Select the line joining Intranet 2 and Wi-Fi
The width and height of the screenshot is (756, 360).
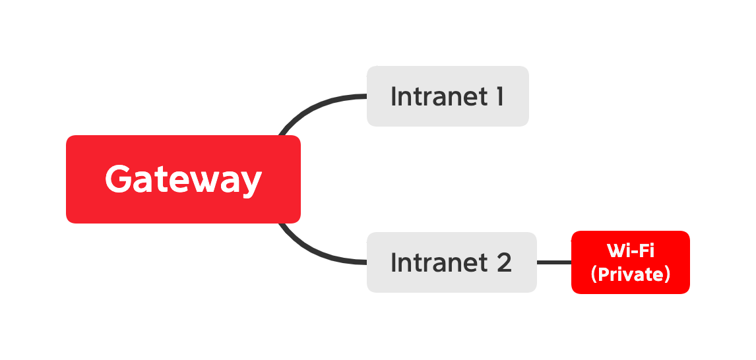click(553, 262)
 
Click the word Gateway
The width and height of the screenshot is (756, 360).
click(183, 179)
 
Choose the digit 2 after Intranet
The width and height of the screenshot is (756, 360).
click(503, 262)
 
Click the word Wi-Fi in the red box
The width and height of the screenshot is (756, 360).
click(630, 251)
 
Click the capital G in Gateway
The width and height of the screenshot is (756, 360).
click(119, 179)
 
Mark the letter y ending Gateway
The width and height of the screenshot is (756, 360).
click(249, 183)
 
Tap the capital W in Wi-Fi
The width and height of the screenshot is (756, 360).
click(615, 251)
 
